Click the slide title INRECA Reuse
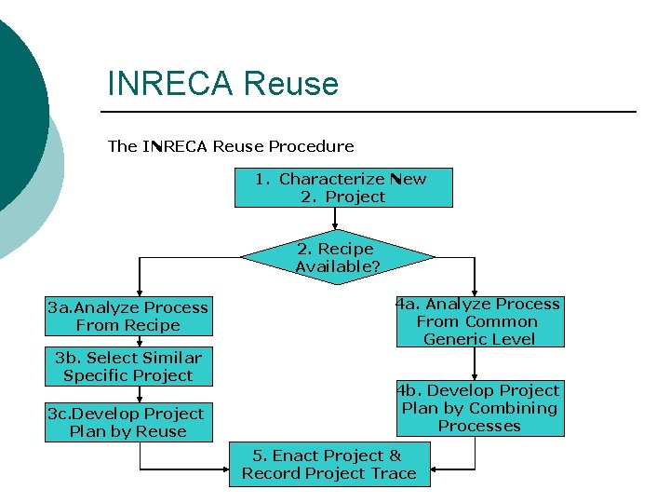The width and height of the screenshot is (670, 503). (x=223, y=84)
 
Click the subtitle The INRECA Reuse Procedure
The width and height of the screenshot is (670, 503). (x=231, y=146)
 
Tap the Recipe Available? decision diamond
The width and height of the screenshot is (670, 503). (x=336, y=258)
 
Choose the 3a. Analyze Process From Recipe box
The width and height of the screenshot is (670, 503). (x=128, y=317)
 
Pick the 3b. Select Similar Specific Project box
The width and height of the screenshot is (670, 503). (x=128, y=367)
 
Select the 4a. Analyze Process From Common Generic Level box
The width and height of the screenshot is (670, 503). (x=479, y=321)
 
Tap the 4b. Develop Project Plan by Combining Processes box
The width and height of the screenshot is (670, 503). (x=479, y=408)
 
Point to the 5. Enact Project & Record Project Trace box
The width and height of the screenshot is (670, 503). (x=328, y=464)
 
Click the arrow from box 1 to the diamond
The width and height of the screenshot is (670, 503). (x=335, y=218)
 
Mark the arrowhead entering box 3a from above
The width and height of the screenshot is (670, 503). (x=140, y=292)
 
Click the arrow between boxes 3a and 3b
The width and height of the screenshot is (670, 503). (x=140, y=342)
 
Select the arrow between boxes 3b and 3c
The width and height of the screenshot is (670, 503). (x=140, y=395)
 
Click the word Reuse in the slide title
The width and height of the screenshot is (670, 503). (x=291, y=84)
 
